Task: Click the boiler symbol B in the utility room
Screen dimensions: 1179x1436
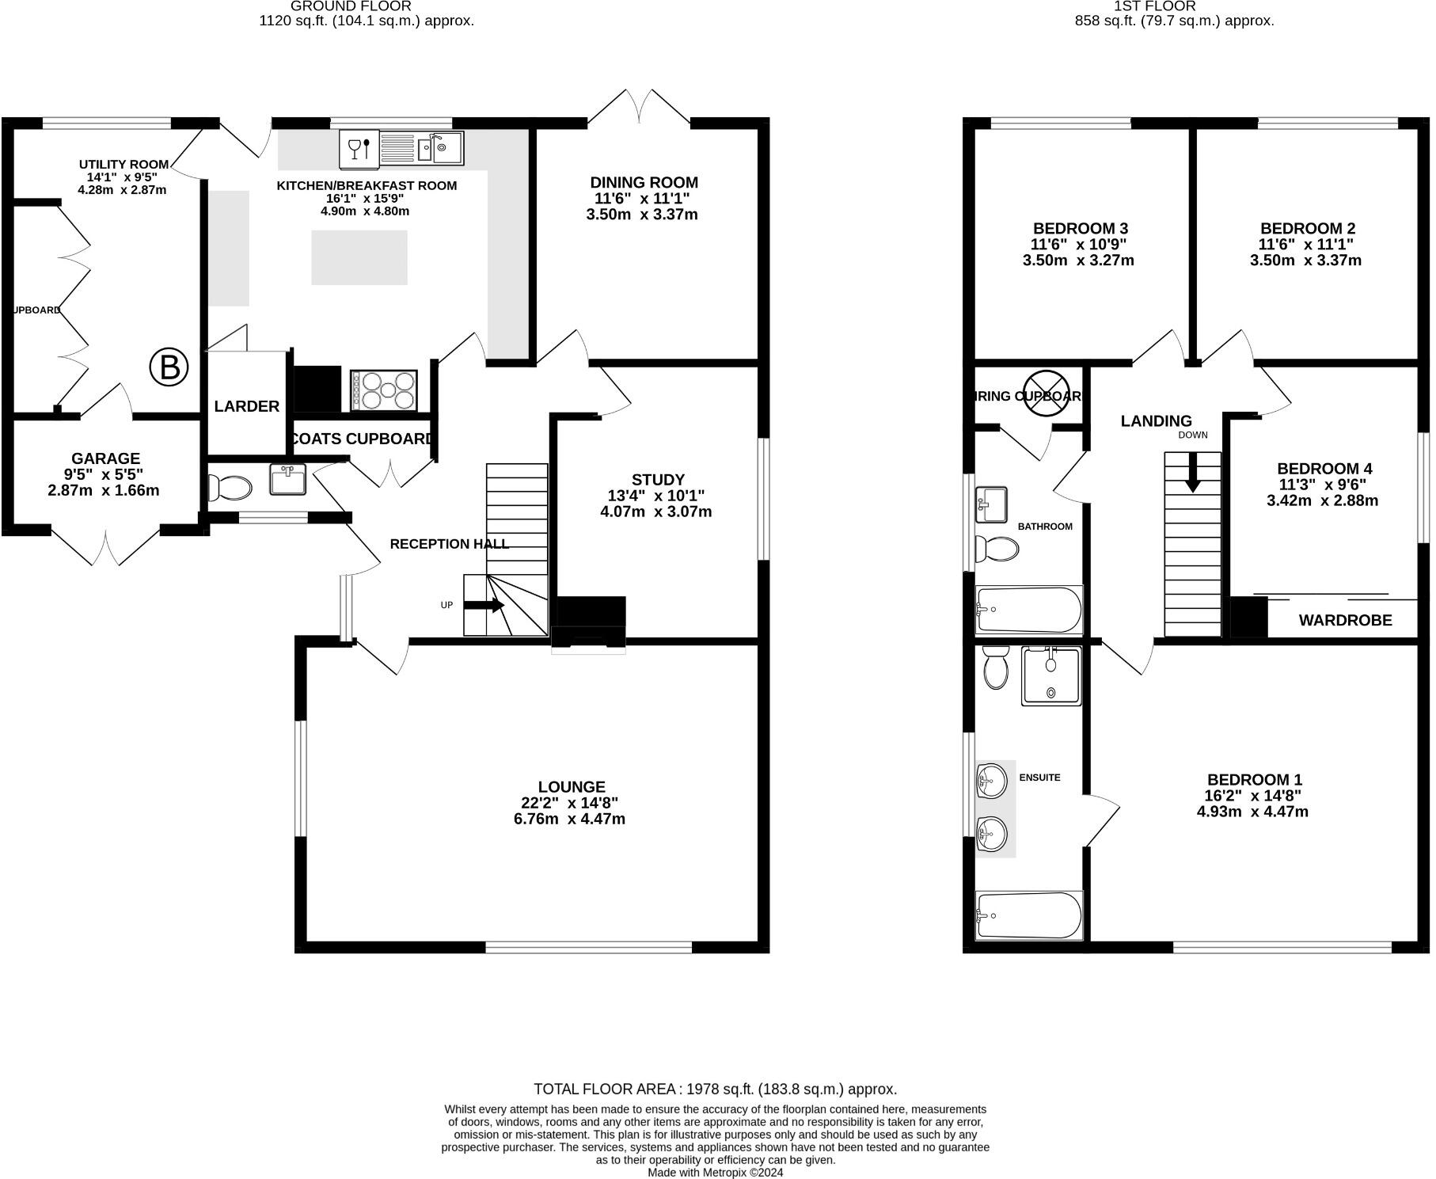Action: [169, 367]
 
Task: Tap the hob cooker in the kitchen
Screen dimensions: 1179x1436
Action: [383, 390]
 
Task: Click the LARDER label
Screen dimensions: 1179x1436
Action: [246, 406]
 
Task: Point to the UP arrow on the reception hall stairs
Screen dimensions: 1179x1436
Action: [484, 606]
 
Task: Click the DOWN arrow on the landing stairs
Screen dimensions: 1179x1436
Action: [1191, 472]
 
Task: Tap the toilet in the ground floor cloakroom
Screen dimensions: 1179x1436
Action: [229, 487]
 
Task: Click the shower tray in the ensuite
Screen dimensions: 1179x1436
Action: [1050, 675]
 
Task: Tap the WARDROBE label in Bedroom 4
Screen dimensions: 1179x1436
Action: [1345, 621]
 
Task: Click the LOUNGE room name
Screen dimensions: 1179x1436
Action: [571, 786]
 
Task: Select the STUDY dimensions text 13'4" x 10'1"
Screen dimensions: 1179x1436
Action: [656, 496]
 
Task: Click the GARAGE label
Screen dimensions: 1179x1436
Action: [105, 458]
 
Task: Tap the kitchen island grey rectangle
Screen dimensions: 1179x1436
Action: [359, 257]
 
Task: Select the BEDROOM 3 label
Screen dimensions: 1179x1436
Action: [1079, 229]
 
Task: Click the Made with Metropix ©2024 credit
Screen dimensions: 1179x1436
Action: [715, 1172]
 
